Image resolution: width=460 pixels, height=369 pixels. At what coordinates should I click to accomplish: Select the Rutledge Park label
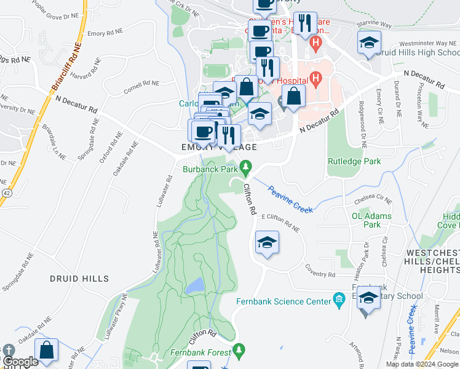coord(354,162)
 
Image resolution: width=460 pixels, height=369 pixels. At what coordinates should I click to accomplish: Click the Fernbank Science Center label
coord(282,301)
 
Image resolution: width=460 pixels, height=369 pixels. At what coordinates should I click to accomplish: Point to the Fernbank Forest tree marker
coord(240,351)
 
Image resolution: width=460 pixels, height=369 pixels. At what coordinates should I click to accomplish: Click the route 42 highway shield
coord(6,192)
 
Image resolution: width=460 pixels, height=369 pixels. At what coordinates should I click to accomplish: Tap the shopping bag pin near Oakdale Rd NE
coord(46,351)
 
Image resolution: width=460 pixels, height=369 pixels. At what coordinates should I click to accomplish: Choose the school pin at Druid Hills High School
coord(369,43)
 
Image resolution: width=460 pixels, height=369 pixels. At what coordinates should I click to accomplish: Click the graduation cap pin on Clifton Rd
coord(267,242)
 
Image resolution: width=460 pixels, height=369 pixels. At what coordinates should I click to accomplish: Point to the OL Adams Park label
coord(371,220)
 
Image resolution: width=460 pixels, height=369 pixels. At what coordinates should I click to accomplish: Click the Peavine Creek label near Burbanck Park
coord(290,199)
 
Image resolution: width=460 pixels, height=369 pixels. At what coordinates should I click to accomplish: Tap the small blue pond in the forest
coord(195,285)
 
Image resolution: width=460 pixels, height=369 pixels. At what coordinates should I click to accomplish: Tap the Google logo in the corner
coord(20,362)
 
